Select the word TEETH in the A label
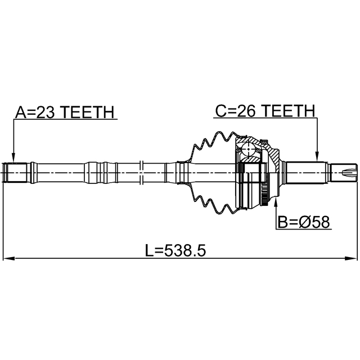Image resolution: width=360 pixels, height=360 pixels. point(87,111)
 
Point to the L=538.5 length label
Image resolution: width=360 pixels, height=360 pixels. point(173,250)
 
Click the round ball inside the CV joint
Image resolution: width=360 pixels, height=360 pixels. point(249,150)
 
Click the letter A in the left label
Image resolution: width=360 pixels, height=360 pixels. point(20,111)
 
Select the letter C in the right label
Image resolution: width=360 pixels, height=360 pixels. point(221,111)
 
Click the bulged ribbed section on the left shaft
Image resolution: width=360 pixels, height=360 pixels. point(100,170)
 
